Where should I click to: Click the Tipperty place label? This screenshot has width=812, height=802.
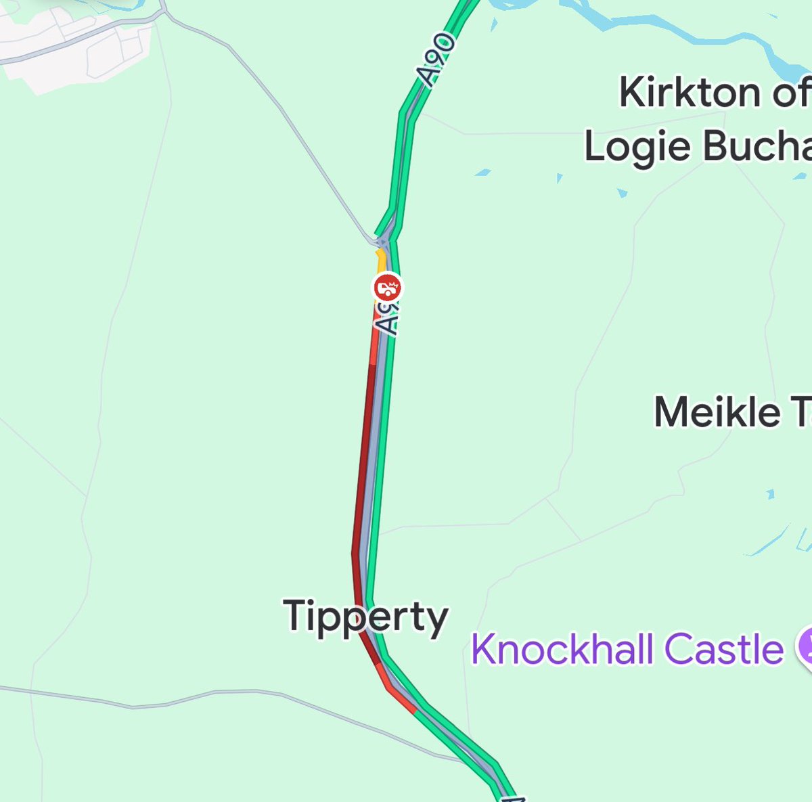coord(365,617)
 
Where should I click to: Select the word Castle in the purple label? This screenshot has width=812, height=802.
coord(723,649)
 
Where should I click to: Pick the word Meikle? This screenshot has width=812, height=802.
coord(717,412)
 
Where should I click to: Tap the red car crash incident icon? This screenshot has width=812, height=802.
coord(387,288)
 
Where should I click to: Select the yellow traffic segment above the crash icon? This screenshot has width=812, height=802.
coord(381,260)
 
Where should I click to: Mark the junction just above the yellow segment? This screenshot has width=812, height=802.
coord(383,239)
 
